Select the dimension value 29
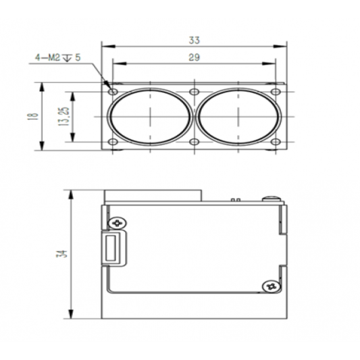click(195, 58)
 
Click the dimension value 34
click(61, 255)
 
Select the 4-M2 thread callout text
click(58, 58)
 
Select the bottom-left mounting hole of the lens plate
click(113, 142)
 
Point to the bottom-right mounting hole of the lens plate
click(275, 142)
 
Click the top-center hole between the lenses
click(194, 91)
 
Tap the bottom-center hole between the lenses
click(194, 142)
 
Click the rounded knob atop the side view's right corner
click(272, 198)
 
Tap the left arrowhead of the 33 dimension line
click(104, 46)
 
